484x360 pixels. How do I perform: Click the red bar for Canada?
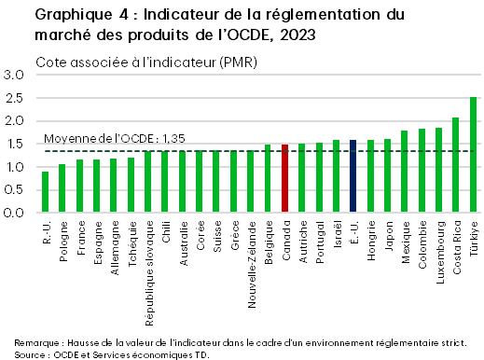pos(285,179)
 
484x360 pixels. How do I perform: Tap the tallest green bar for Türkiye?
pos(474,155)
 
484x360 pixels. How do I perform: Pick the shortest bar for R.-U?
pos(45,192)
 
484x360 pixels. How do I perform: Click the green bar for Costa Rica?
pos(456,165)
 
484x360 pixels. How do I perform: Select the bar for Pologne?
pos(62,188)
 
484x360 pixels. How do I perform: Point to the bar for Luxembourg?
pos(439,171)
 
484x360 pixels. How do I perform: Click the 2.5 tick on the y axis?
pos(13,98)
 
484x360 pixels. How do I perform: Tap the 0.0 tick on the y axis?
pos(13,213)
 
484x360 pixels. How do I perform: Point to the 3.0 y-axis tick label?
pos(13,75)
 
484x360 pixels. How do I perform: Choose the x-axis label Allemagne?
pos(114,245)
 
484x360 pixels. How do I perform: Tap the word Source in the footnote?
pos(32,354)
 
